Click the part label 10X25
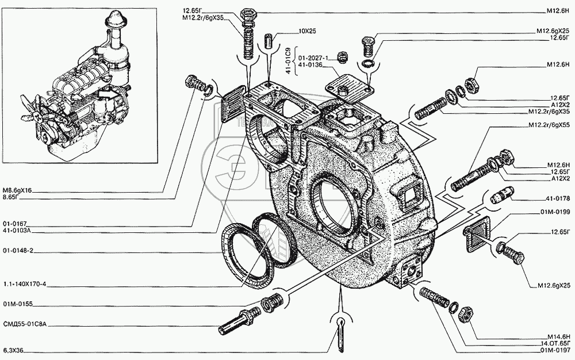click(x=307, y=31)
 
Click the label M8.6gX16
click(x=17, y=190)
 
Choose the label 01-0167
click(x=12, y=224)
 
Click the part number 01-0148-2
click(x=15, y=251)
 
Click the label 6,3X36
click(x=13, y=350)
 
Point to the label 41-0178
click(x=560, y=198)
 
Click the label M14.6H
click(x=559, y=336)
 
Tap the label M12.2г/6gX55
click(x=549, y=125)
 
